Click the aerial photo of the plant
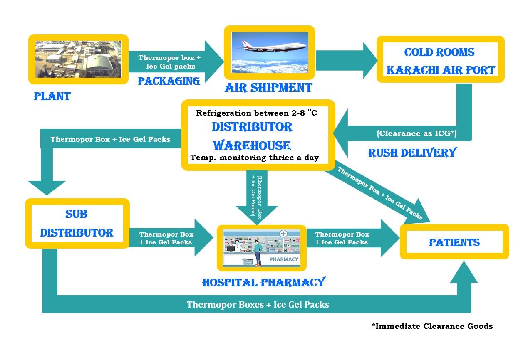point(78,59)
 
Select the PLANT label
point(52,97)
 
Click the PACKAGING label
point(169,81)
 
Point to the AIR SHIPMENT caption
point(268,88)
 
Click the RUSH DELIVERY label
point(412,153)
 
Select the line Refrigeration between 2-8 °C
point(257,113)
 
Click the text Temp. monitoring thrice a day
point(255,158)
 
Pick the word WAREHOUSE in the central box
point(252,145)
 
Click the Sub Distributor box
point(77,224)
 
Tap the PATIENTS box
point(454,242)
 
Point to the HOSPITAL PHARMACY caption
point(263,283)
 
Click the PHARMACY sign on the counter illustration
point(284,259)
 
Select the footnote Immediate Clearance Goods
point(432,326)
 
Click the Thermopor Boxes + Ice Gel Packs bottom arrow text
point(258,305)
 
